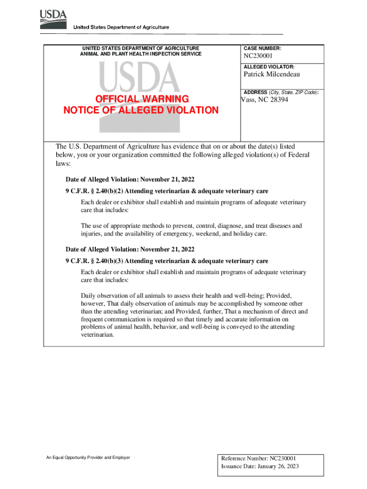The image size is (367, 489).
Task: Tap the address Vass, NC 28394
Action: [x=265, y=100]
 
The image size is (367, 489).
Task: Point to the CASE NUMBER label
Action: [x=262, y=49]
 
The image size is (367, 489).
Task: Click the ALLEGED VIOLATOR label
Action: [x=268, y=67]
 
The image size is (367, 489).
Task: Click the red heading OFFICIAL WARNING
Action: [x=142, y=99]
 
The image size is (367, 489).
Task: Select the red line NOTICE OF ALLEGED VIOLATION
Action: [x=141, y=110]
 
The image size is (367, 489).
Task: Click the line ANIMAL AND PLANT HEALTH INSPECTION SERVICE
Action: [x=141, y=54]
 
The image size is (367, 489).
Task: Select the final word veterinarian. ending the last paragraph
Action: [x=98, y=335]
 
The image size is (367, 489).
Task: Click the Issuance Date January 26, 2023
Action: [x=260, y=467]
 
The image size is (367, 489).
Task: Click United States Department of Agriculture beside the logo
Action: [x=121, y=27]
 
